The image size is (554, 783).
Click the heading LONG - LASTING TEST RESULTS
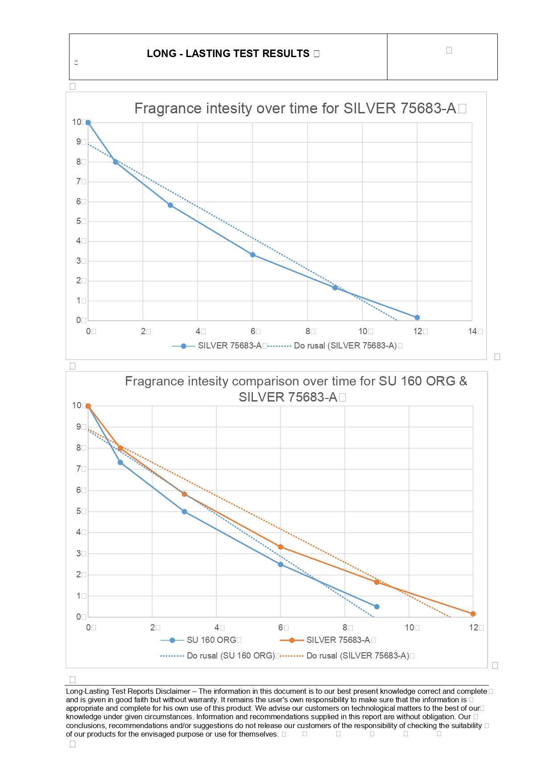point(228,54)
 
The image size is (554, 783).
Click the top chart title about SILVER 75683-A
point(295,108)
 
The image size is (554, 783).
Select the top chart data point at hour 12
point(417,318)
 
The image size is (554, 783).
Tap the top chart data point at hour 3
point(170,205)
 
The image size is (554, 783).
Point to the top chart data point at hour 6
point(253,255)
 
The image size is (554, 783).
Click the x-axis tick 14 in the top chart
point(473,331)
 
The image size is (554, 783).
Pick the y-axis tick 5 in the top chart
point(79,221)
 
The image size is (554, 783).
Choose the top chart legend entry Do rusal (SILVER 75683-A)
point(345,346)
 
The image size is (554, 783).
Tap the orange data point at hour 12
point(473,614)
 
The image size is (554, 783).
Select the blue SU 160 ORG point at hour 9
point(377,607)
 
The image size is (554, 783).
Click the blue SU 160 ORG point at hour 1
point(120,463)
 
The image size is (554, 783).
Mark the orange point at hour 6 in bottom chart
point(281,547)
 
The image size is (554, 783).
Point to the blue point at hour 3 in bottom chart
point(184,512)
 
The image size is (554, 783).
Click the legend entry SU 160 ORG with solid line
point(211,640)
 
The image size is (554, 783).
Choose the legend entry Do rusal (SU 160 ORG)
point(230,656)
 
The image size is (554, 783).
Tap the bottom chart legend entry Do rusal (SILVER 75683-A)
point(357,656)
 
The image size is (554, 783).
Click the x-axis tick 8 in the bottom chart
point(345,627)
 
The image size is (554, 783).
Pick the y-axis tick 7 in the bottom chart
point(79,469)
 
